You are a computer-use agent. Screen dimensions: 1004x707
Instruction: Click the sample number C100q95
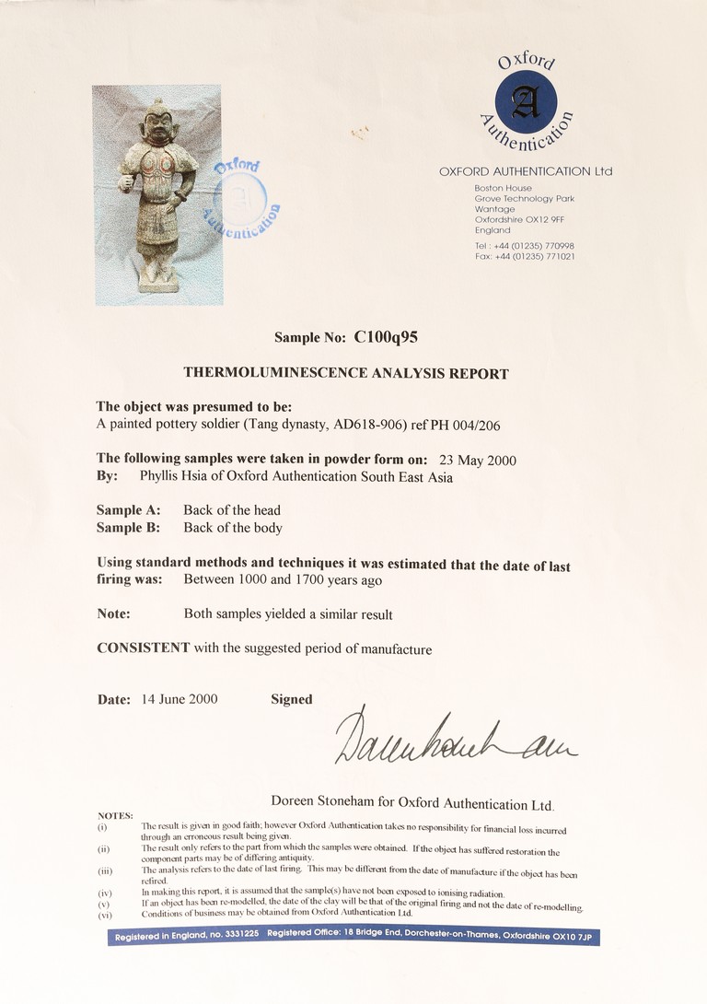(x=386, y=337)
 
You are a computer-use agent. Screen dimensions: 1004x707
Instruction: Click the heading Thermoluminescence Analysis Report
(x=346, y=373)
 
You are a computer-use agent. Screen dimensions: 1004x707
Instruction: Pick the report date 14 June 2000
(x=180, y=699)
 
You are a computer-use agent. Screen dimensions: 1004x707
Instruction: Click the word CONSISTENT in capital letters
(x=144, y=648)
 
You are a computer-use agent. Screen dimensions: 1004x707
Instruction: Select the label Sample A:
(x=128, y=510)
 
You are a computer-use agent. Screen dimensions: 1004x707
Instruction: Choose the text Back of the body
(x=232, y=528)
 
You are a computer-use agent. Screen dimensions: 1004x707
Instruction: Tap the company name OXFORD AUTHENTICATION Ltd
(x=526, y=171)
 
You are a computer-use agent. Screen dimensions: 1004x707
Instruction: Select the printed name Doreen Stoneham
(x=324, y=802)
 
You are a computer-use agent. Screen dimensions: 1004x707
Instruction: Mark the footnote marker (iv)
(x=105, y=892)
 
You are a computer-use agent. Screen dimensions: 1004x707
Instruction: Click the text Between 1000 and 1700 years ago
(x=283, y=580)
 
